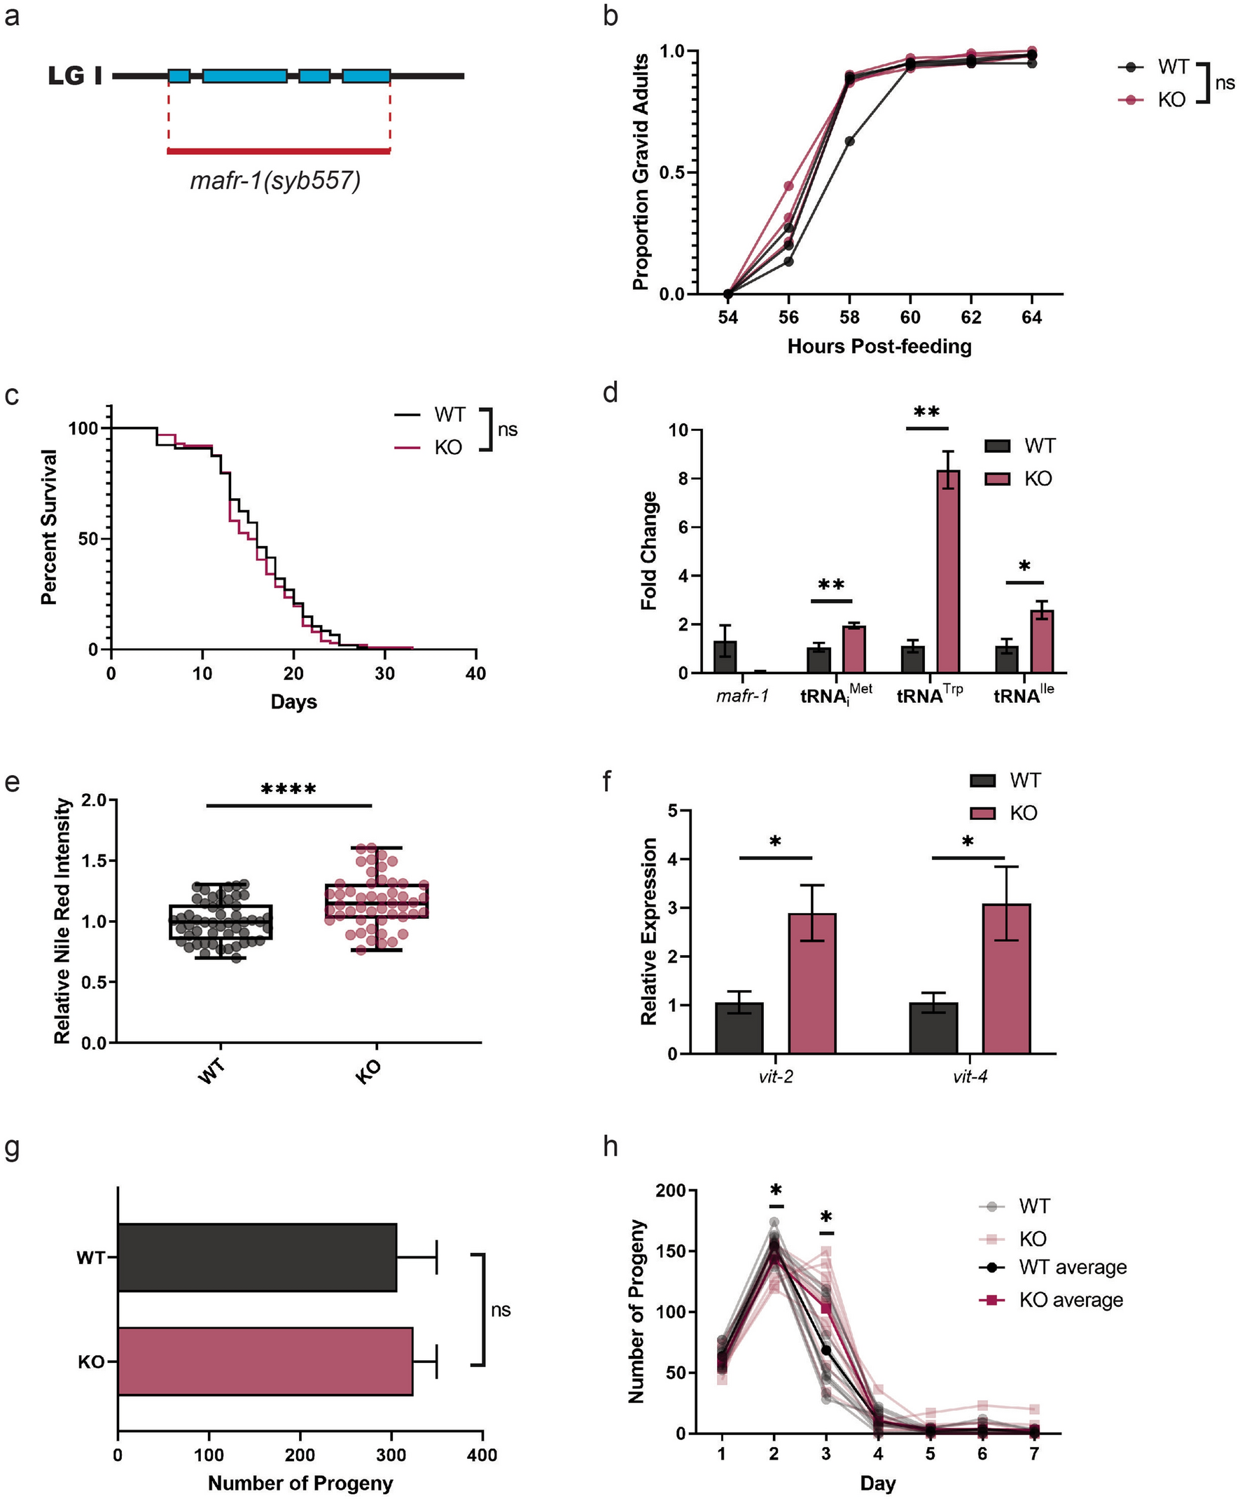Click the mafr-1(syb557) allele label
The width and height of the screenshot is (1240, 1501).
coord(275,180)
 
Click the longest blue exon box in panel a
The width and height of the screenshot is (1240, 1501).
coord(244,76)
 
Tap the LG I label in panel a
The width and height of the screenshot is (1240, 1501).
coord(75,76)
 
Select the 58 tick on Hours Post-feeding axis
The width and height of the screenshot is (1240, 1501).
coord(849,317)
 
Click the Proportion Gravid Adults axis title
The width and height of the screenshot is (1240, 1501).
coord(641,172)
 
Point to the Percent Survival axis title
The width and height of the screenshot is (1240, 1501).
coord(48,527)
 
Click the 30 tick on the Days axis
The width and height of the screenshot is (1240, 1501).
coord(384,673)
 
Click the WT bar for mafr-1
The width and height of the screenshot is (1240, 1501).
coord(725,656)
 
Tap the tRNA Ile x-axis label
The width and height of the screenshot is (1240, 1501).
coord(1023,694)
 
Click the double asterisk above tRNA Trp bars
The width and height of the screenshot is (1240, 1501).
coord(926,413)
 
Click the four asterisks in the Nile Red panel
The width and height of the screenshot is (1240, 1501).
coord(288,790)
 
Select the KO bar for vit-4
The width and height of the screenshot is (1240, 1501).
coord(1005,978)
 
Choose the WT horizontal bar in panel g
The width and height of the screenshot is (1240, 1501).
coord(257,1257)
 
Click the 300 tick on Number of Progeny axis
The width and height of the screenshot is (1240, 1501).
coord(391,1455)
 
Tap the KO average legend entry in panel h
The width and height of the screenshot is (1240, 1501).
coord(1070,1299)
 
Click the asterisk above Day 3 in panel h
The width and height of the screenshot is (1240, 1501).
coord(826,1217)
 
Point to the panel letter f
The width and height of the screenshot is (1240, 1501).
coord(608,781)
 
